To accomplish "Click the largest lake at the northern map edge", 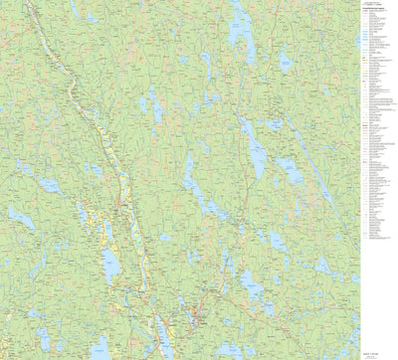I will click(x=240, y=25).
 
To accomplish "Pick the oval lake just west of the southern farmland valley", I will click(x=110, y=264).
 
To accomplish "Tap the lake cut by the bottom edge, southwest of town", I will click(x=100, y=349).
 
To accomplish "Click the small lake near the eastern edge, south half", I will click(x=321, y=267).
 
